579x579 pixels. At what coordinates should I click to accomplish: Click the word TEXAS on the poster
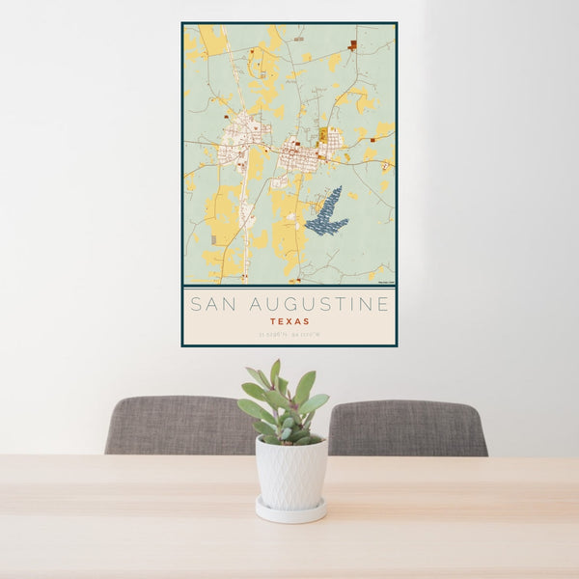pos(289,321)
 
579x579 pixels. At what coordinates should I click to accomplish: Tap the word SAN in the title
pos(212,305)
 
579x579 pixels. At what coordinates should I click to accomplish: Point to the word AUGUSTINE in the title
pos(319,305)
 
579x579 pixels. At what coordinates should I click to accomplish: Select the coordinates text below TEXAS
pos(289,335)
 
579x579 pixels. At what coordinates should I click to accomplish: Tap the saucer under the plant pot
pos(290,511)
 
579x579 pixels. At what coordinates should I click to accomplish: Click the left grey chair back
pos(179,425)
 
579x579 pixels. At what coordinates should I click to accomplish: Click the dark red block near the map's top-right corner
pos(353,44)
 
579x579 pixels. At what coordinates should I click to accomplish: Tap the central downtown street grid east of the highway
pos(307,154)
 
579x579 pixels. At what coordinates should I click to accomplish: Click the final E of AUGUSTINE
pos(384,305)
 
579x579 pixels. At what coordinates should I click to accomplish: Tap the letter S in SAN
pos(194,305)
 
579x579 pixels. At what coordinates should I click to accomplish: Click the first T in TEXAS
pos(273,321)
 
